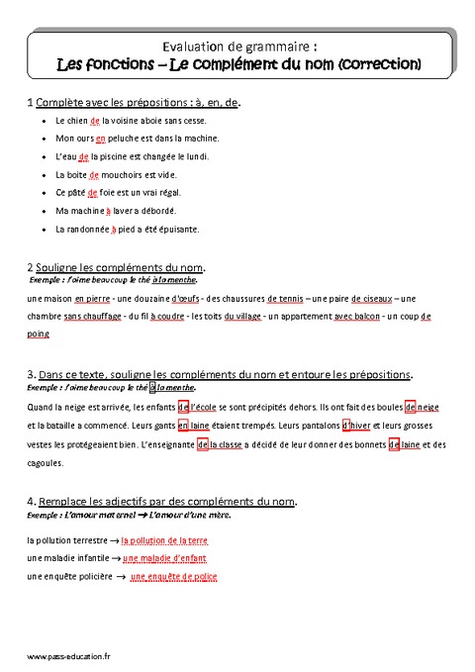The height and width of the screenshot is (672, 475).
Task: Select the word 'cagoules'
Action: pos(46,461)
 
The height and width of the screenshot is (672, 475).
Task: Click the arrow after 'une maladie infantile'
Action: pos(116,559)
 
